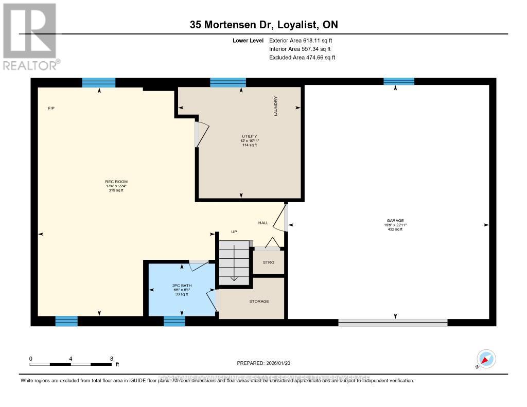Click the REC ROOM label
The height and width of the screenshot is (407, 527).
click(116, 182)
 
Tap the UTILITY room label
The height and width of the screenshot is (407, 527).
click(249, 136)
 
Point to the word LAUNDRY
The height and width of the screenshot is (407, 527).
click(276, 106)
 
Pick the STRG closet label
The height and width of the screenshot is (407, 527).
click(269, 262)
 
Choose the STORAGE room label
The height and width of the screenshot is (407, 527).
click(259, 301)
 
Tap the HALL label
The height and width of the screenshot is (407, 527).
click(263, 223)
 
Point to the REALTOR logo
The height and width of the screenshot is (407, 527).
click(30, 36)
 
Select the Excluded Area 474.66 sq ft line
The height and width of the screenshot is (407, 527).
click(302, 58)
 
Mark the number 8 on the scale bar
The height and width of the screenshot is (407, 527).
click(111, 358)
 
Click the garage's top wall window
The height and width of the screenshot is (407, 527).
click(398, 81)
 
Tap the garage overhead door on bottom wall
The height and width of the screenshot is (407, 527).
click(393, 323)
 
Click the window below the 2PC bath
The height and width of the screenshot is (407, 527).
click(174, 321)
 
